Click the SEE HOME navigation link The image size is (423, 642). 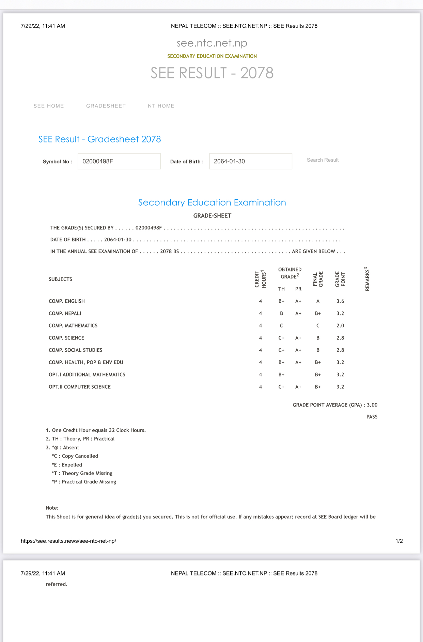pos(49,106)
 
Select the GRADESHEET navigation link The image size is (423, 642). pos(106,106)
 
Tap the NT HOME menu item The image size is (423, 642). pos(161,106)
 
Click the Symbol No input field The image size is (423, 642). pos(119,161)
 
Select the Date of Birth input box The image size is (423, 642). pos(251,161)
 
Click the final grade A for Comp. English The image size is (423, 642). pos(318,301)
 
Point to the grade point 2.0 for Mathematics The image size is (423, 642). pos(340,326)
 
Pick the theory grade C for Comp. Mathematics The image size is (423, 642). pos(281,326)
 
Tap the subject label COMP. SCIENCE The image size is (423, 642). pos(66,338)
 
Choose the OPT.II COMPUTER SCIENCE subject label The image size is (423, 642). pos(80,387)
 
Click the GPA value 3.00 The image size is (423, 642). pos(372,405)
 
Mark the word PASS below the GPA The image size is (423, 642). pos(372,417)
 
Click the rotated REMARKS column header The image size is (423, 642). pos(367,279)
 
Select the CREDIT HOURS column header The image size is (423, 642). pos(261,279)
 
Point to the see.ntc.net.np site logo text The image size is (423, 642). pos(212,43)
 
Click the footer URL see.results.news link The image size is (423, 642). pos(68,541)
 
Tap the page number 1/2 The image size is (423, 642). pos(399,541)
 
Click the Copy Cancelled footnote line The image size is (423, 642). pos(75,456)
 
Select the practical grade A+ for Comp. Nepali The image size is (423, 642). pos(298,313)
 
